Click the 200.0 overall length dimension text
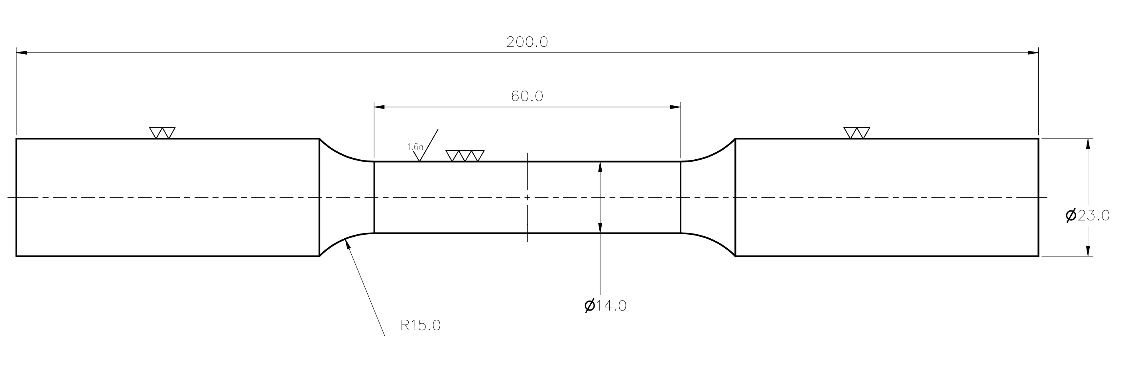pos(527,42)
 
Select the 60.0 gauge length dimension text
pos(527,96)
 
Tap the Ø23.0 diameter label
pos(1088,215)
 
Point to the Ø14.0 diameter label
pos(605,306)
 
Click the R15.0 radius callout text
pos(421,325)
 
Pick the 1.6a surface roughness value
pos(415,147)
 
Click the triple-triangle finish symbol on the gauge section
pos(465,156)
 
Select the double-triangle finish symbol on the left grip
pos(162,133)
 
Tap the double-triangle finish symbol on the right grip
pos(856,133)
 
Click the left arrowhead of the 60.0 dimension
pos(380,107)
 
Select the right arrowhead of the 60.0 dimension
pos(675,107)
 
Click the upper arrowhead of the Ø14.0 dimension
pos(600,167)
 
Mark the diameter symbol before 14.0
pos(589,306)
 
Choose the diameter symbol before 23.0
pos(1071,215)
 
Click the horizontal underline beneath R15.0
pos(414,336)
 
